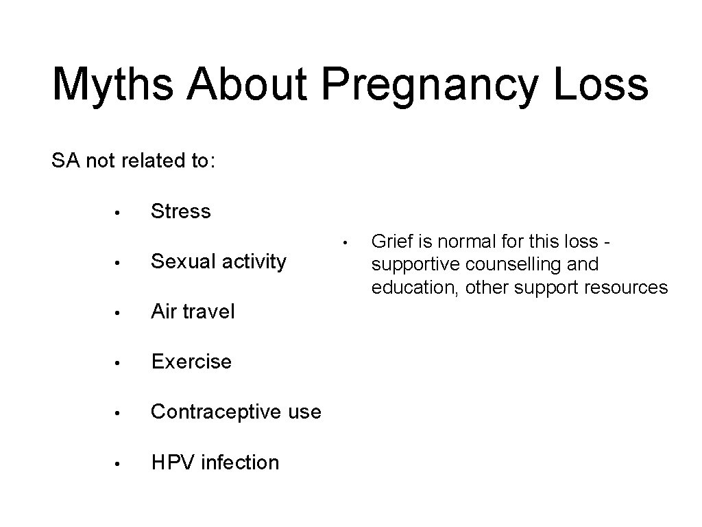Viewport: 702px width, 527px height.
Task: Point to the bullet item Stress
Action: pos(180,211)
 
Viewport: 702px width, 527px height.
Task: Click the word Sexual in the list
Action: pos(180,261)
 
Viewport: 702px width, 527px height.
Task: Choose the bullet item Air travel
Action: pos(192,312)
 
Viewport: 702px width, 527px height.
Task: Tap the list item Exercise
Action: pos(191,362)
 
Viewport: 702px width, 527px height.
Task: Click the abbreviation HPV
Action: pos(173,462)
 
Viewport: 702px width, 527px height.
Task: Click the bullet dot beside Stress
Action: pos(118,212)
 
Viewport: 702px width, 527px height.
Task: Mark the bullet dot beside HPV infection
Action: pos(118,463)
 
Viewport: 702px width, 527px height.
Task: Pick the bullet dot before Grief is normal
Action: pos(348,242)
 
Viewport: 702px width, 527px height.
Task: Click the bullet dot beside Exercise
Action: pos(118,362)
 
